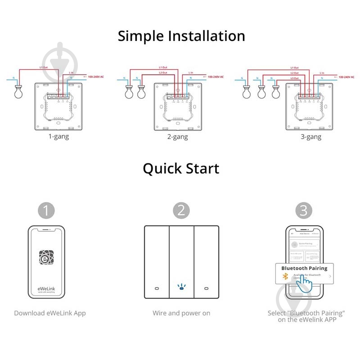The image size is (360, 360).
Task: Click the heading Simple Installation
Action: point(181,36)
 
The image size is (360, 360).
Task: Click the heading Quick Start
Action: point(181,169)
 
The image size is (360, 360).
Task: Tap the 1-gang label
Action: point(58,136)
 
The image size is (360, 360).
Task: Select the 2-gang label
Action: point(178,137)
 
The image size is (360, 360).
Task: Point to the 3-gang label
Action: point(311,137)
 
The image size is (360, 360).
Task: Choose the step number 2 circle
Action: point(181,211)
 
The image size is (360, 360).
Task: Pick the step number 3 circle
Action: point(304,211)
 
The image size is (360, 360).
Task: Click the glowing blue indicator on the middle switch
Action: point(181,287)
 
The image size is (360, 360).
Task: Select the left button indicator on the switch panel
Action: point(156,288)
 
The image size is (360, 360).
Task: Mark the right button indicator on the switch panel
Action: point(207,288)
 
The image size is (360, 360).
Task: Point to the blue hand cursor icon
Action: point(306,283)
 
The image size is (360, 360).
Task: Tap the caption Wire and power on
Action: point(181,313)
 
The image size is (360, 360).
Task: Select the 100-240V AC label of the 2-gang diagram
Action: point(216,77)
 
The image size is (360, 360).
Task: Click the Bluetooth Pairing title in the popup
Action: point(304,268)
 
